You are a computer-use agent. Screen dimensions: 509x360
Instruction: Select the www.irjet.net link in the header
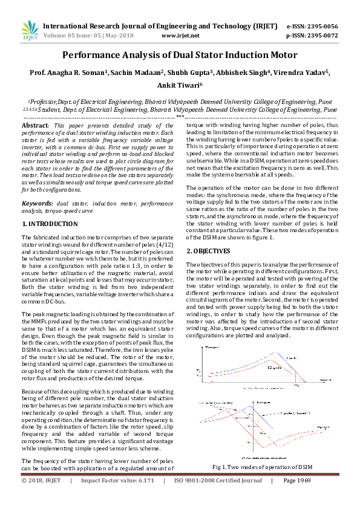tap(180, 36)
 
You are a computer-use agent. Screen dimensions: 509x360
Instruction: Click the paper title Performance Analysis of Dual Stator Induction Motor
tap(180, 56)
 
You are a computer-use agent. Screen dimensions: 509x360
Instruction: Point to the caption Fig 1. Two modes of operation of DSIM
tap(262, 467)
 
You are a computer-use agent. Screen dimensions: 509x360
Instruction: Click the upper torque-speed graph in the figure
tap(263, 367)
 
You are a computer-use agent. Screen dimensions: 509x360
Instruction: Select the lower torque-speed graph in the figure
tap(263, 428)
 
